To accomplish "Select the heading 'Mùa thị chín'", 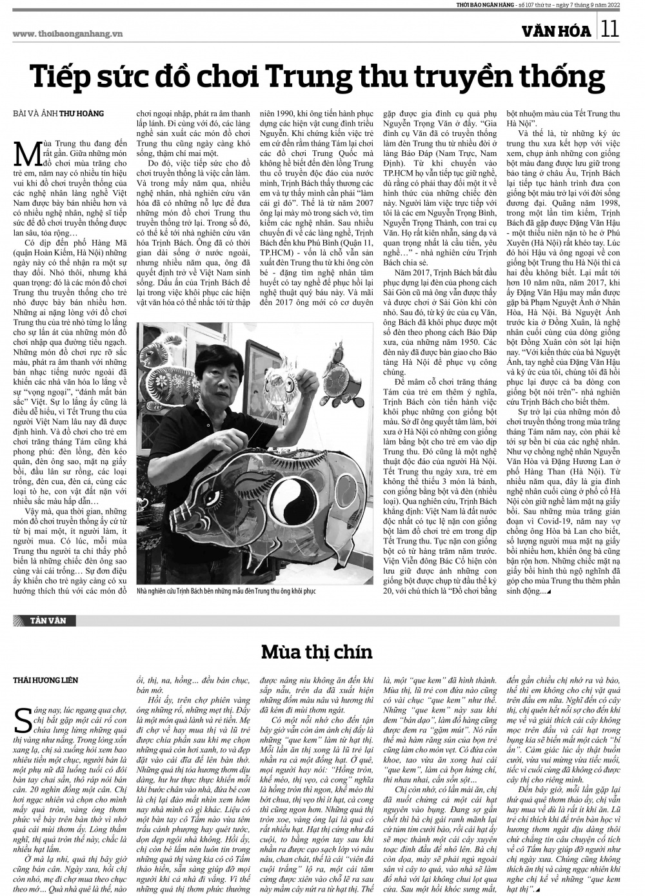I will point(317,651).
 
